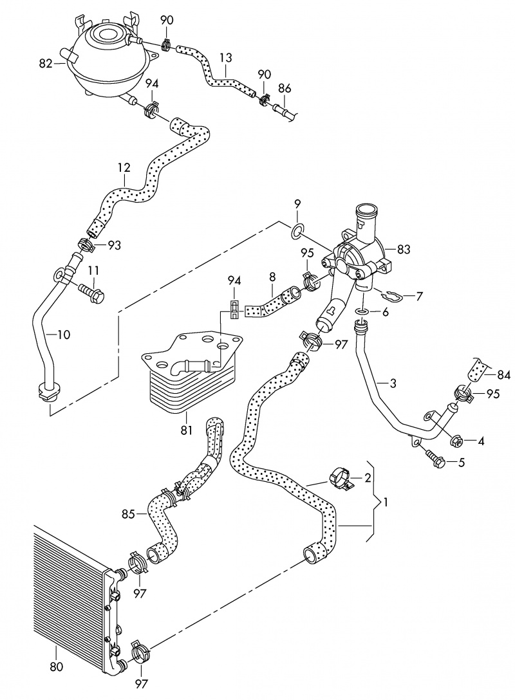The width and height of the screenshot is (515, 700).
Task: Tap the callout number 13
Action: [x=225, y=58]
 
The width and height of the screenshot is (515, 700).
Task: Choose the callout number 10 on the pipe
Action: [x=64, y=335]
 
